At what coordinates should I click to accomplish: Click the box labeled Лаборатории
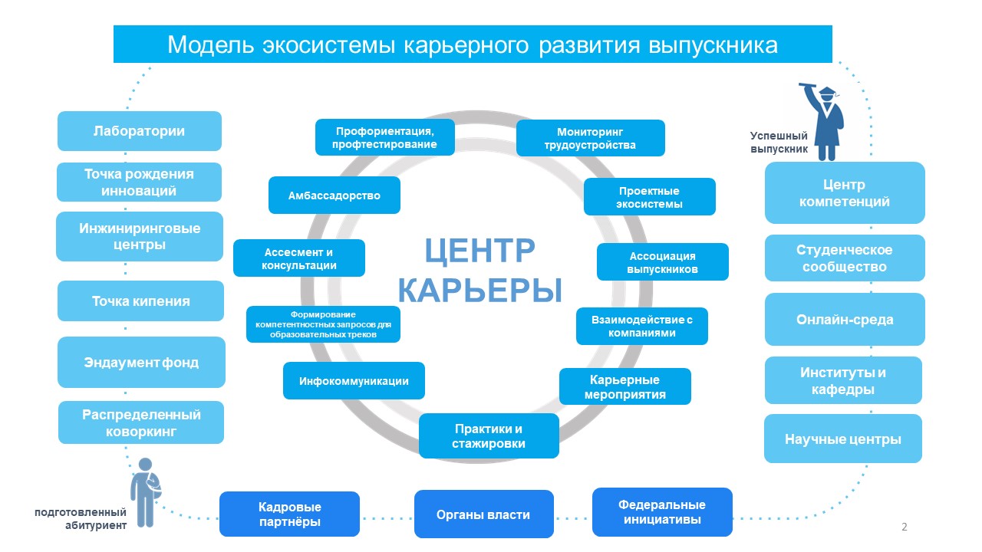(x=140, y=131)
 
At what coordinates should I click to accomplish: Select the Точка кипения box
(x=140, y=301)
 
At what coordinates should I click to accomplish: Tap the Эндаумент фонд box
(x=141, y=363)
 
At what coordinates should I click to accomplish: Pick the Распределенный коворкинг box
(x=141, y=422)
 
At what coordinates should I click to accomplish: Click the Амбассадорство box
(x=334, y=195)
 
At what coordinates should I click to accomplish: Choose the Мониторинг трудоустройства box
(x=591, y=138)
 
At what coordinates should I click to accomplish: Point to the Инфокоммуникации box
(x=354, y=381)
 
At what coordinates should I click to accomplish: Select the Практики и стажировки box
(x=489, y=436)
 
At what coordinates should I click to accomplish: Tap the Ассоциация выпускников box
(x=663, y=262)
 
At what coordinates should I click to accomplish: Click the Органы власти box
(x=484, y=514)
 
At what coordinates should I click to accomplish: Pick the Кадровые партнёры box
(x=289, y=514)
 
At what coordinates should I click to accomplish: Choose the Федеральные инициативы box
(x=662, y=512)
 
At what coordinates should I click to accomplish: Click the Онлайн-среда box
(x=845, y=320)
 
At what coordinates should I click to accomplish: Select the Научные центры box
(x=843, y=439)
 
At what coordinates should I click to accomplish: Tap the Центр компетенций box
(x=845, y=192)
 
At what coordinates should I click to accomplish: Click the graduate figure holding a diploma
(x=822, y=122)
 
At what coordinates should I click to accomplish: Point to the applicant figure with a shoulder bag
(x=146, y=492)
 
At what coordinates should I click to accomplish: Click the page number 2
(x=904, y=527)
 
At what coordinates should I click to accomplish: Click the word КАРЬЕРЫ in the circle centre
(x=480, y=290)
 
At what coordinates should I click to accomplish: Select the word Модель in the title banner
(x=211, y=45)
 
